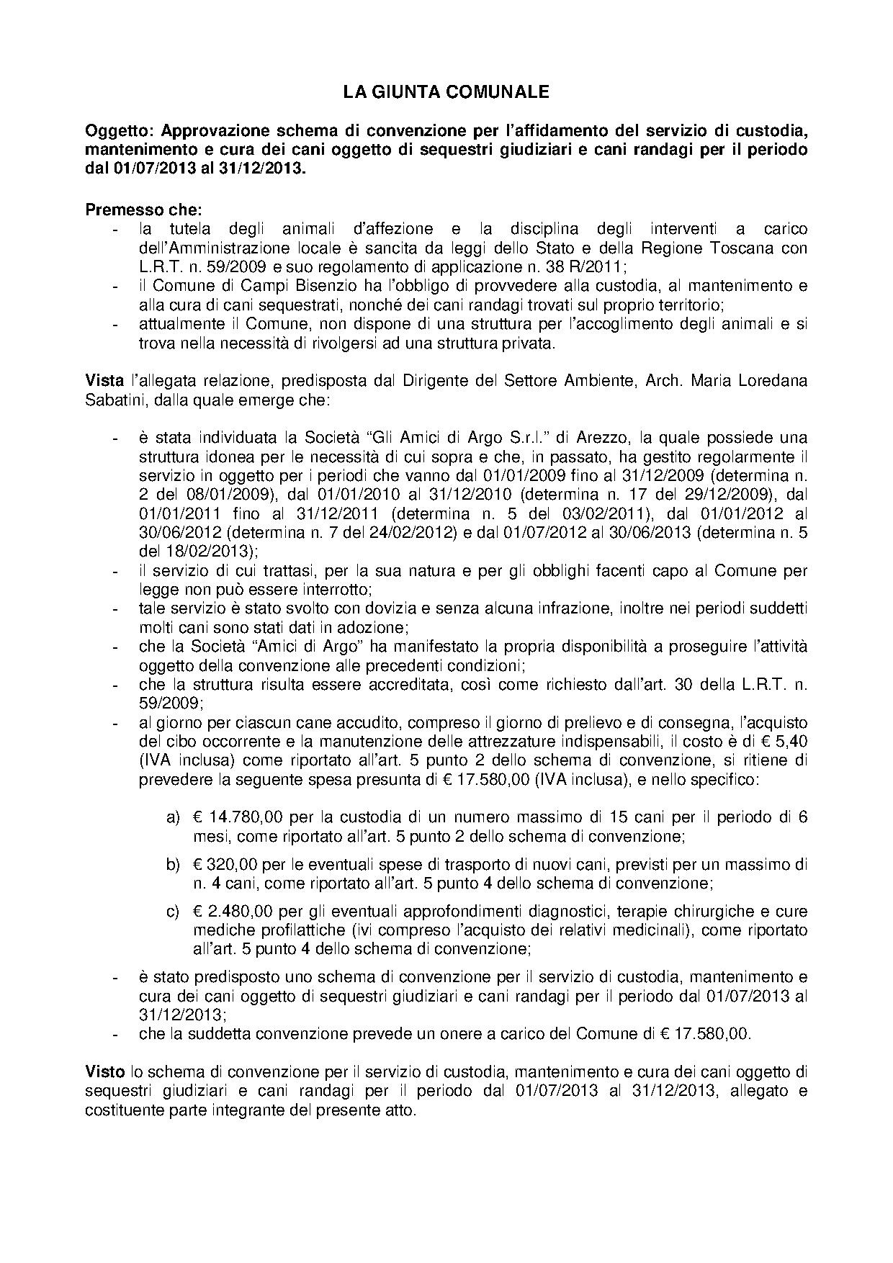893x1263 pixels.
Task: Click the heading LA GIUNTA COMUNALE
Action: (x=446, y=92)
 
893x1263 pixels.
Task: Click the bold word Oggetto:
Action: (x=120, y=131)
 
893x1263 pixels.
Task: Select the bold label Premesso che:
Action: (x=144, y=210)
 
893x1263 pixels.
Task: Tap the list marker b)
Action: (x=173, y=863)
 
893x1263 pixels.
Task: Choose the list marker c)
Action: (x=173, y=911)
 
